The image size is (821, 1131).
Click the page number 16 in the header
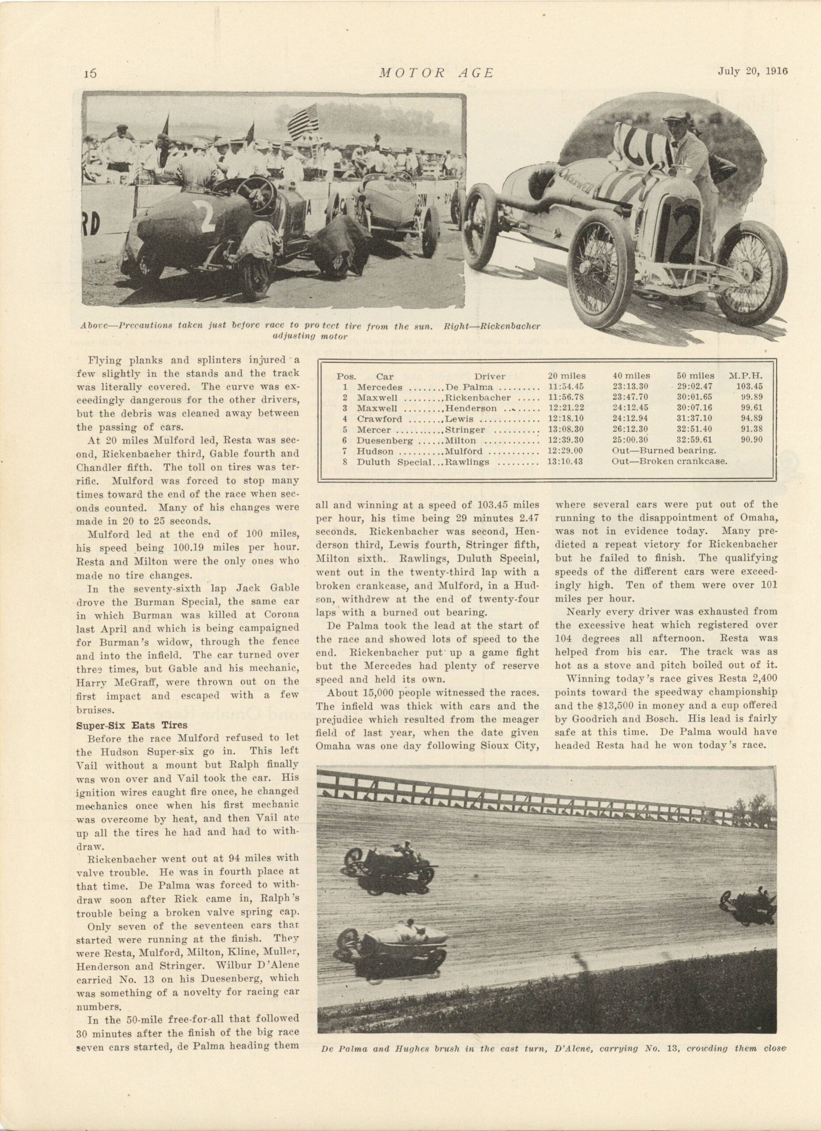89,73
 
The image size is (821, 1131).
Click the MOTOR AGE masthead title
436,73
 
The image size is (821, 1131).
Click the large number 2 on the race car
208,214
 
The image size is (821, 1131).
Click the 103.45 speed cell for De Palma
749,387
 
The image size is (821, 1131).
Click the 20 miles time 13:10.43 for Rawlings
565,461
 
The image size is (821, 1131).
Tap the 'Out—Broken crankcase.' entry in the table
669,461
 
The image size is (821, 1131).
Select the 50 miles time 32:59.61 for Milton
694,440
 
